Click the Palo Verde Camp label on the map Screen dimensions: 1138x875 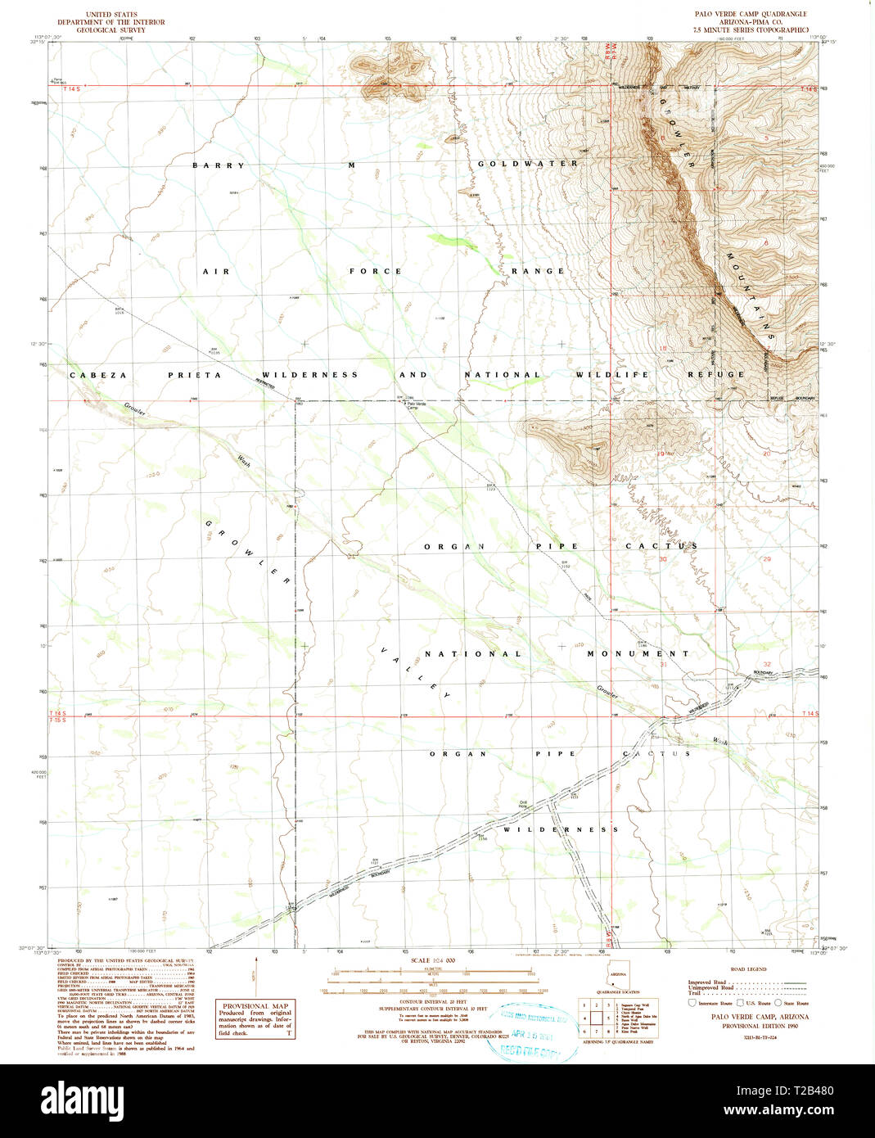(418, 406)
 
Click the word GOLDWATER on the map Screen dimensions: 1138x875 (528, 164)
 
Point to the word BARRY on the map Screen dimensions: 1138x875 (219, 165)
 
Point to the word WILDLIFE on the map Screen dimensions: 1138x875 (611, 374)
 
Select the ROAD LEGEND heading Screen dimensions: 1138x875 (747, 969)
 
